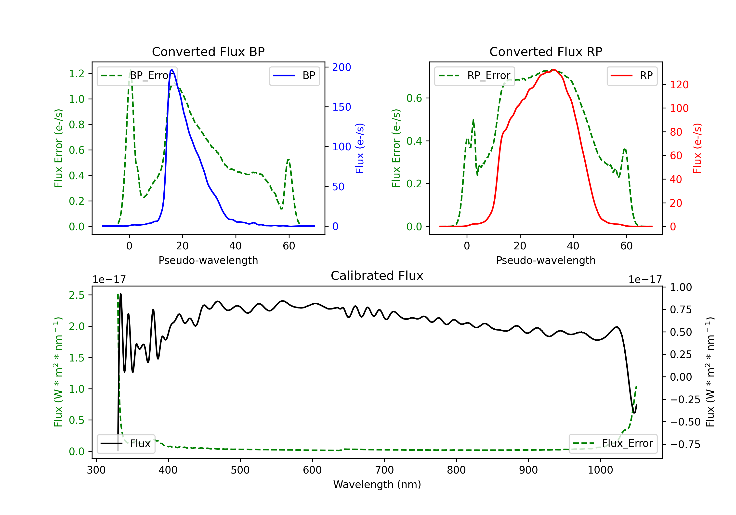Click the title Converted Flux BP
coord(208,51)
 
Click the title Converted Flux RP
coord(546,51)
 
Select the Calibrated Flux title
coord(377,276)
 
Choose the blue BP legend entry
coord(294,76)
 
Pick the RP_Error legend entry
coord(474,76)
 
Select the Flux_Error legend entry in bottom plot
coord(613,444)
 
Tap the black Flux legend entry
coord(126,444)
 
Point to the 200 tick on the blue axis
coord(342,67)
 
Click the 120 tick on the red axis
coord(679,85)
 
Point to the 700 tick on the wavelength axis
coord(384,470)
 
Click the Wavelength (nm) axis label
coord(377,485)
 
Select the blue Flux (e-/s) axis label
coord(360,148)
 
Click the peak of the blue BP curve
coord(172,70)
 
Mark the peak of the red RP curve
coord(553,70)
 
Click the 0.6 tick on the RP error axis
coord(414,98)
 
